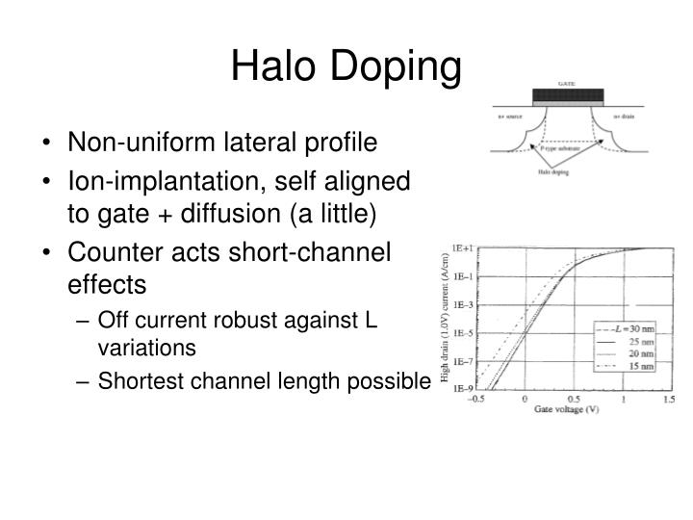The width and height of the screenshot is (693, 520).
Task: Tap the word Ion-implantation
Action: [x=143, y=181]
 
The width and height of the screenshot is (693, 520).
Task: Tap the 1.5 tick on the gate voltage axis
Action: [x=670, y=400]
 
